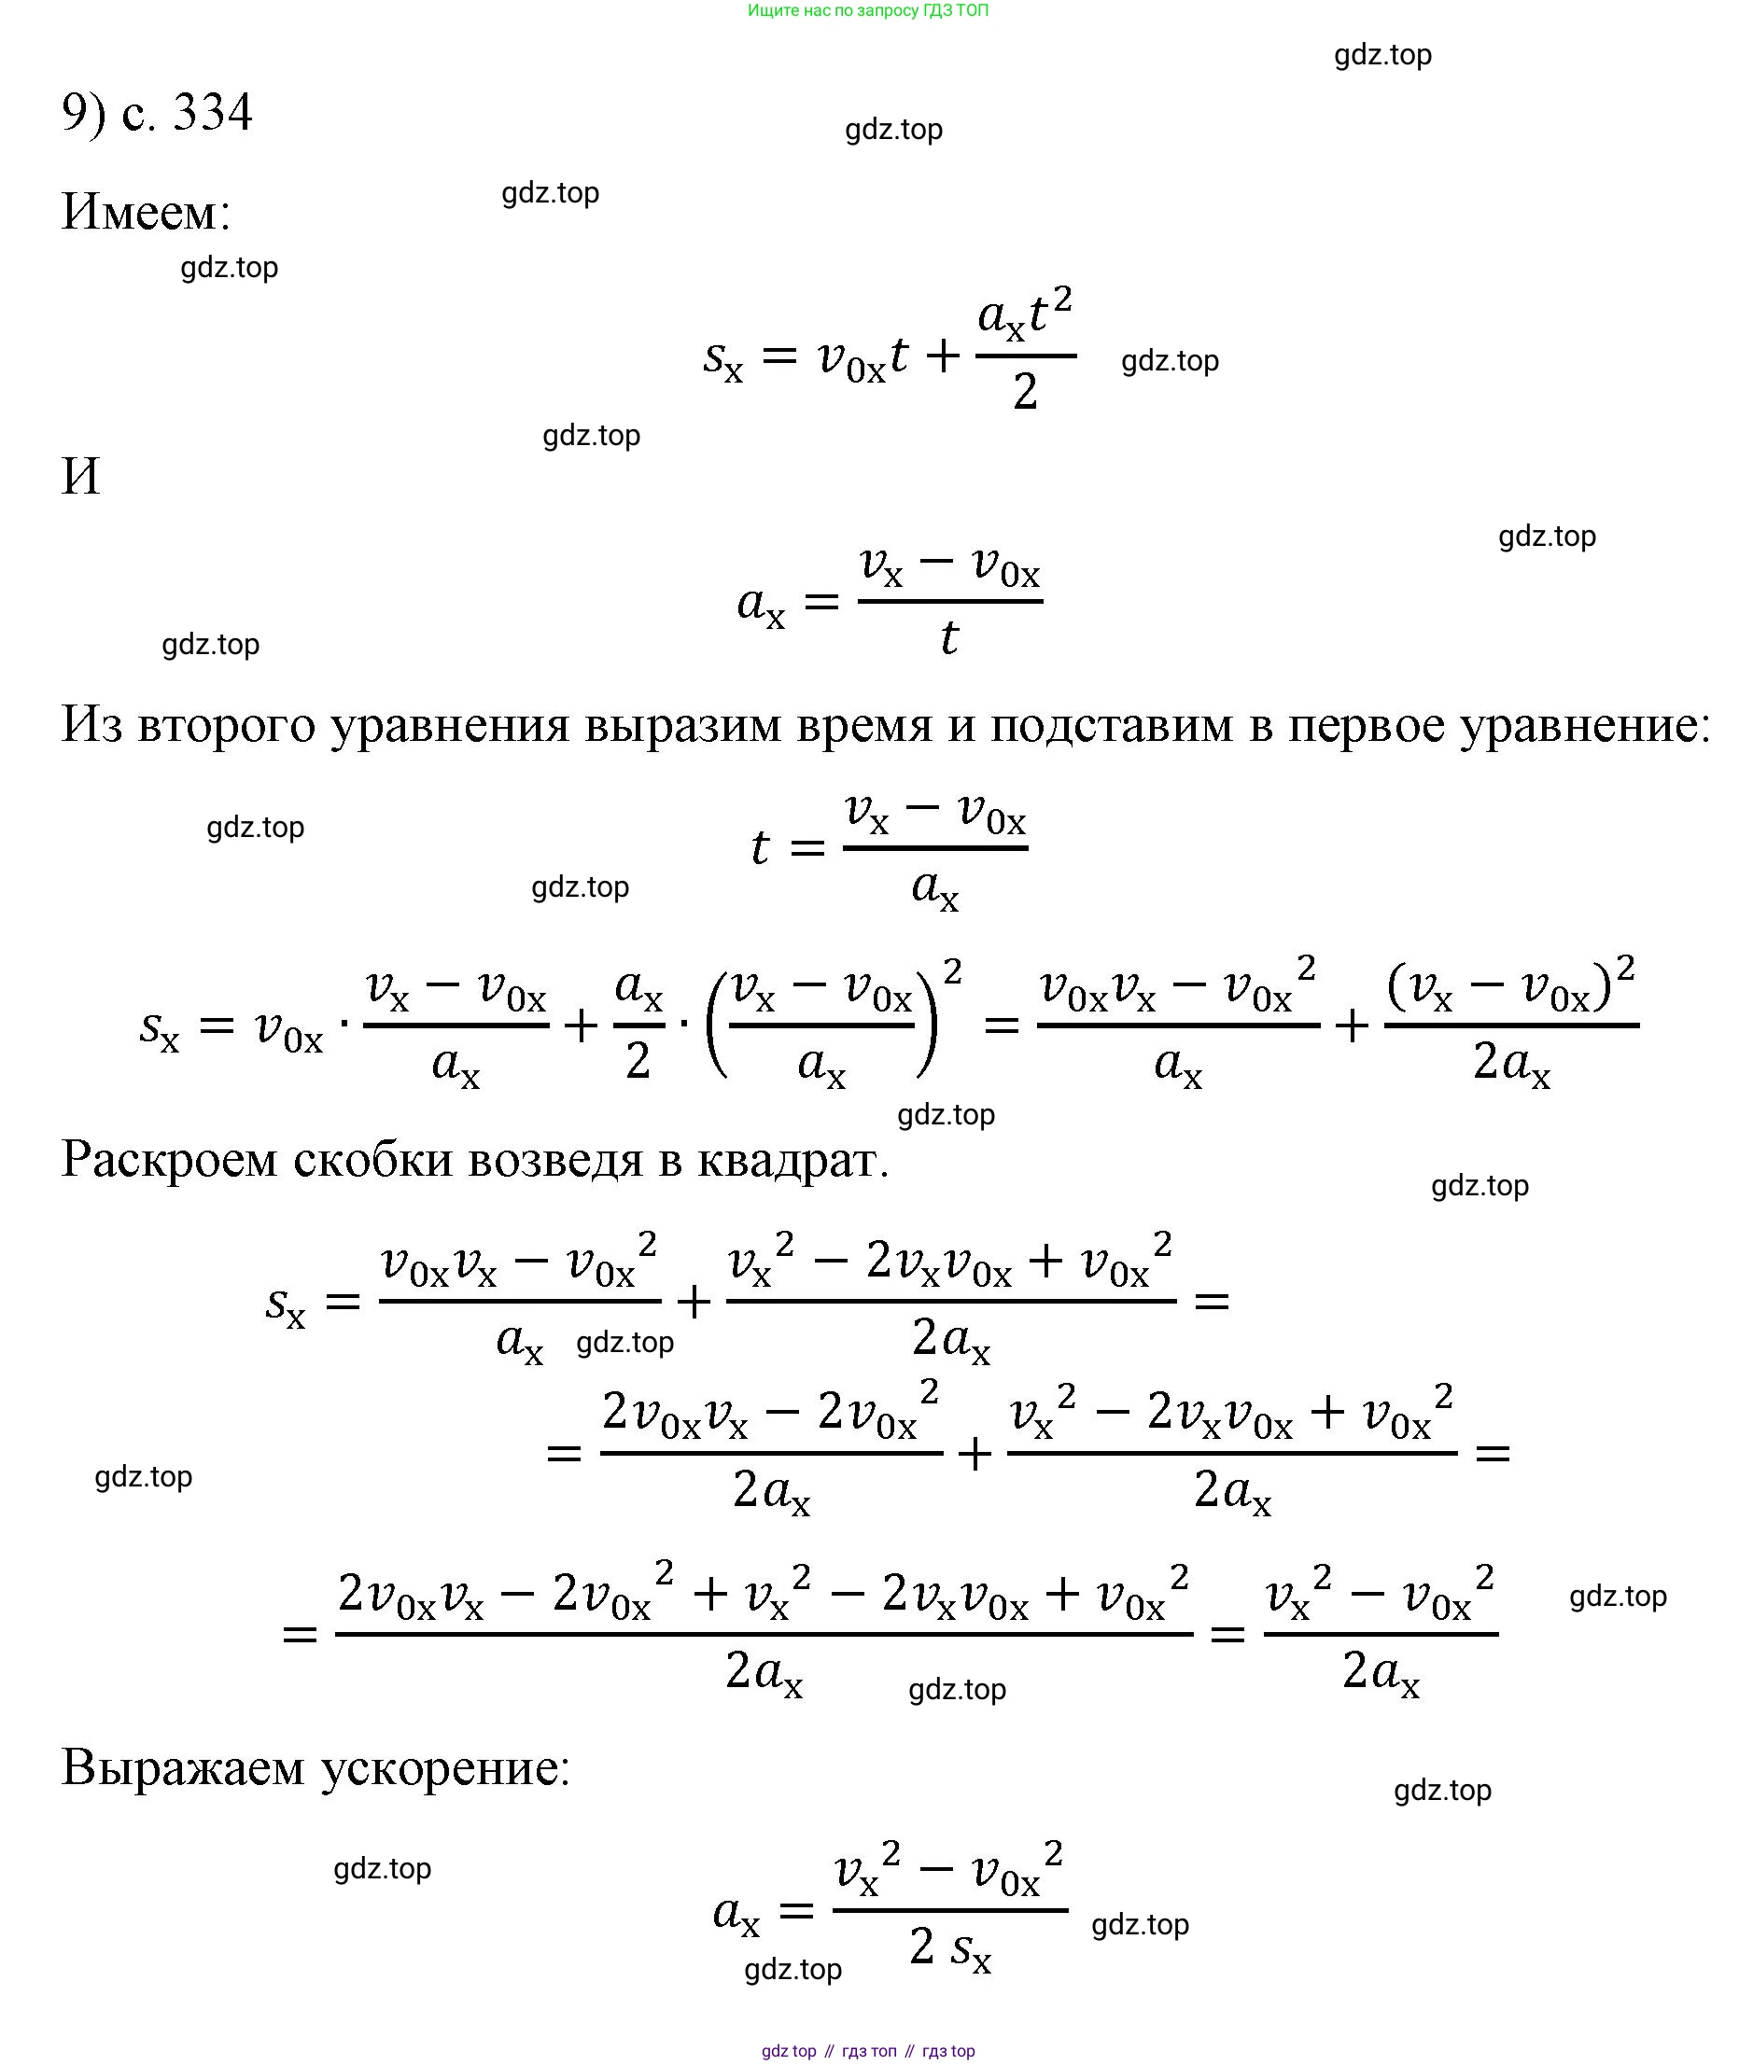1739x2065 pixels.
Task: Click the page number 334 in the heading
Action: (213, 111)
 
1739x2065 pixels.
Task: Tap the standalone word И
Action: (81, 476)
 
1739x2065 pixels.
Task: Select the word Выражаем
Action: (183, 1768)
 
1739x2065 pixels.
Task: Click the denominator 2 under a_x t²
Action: (1025, 392)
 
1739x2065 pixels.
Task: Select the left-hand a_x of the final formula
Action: (736, 1914)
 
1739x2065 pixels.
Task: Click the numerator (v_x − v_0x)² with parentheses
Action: (1510, 985)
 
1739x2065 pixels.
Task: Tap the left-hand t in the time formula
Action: (759, 847)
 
